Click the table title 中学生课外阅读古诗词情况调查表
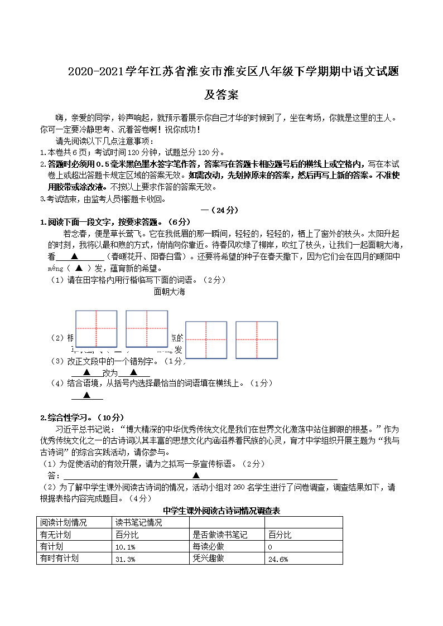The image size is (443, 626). [x=221, y=510]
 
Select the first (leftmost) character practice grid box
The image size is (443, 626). [x=96, y=329]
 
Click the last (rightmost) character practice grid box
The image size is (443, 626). [x=257, y=339]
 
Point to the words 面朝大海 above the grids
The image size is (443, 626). [x=169, y=292]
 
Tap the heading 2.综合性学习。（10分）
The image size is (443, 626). [x=82, y=418]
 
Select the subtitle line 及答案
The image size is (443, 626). [x=221, y=95]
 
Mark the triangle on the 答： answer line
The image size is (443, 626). [x=196, y=475]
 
